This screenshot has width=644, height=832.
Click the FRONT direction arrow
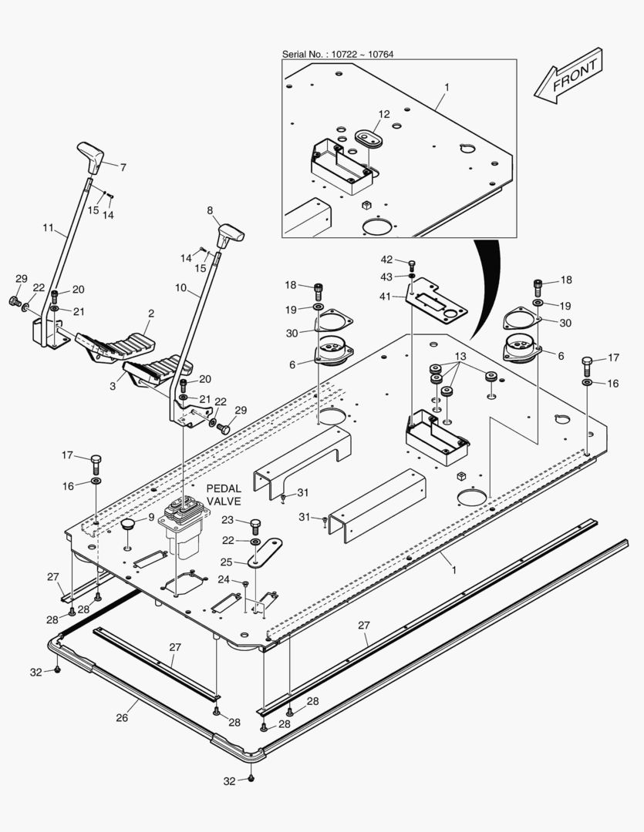[x=568, y=75]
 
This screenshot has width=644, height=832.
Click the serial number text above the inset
[x=338, y=54]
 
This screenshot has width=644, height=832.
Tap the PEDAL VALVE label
[x=224, y=495]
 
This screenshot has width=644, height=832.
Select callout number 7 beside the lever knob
[x=123, y=168]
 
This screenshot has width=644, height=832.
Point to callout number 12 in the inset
[x=384, y=114]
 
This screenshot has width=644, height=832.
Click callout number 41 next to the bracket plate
[x=385, y=297]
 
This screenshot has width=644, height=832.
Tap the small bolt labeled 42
[x=412, y=265]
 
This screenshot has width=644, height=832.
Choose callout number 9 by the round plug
[x=151, y=517]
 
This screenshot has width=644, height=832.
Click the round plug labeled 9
[x=128, y=525]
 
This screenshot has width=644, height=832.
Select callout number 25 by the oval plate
[x=226, y=562]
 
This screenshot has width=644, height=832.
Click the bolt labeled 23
[x=255, y=526]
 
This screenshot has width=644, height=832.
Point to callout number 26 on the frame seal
[x=122, y=718]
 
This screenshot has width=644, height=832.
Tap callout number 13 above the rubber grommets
[x=460, y=356]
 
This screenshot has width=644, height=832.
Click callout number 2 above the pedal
[x=151, y=314]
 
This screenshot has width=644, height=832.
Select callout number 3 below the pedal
[x=113, y=386]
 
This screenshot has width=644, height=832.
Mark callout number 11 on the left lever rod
[x=49, y=227]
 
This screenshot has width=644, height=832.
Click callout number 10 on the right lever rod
[x=180, y=287]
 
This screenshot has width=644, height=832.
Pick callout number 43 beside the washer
[x=386, y=277]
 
